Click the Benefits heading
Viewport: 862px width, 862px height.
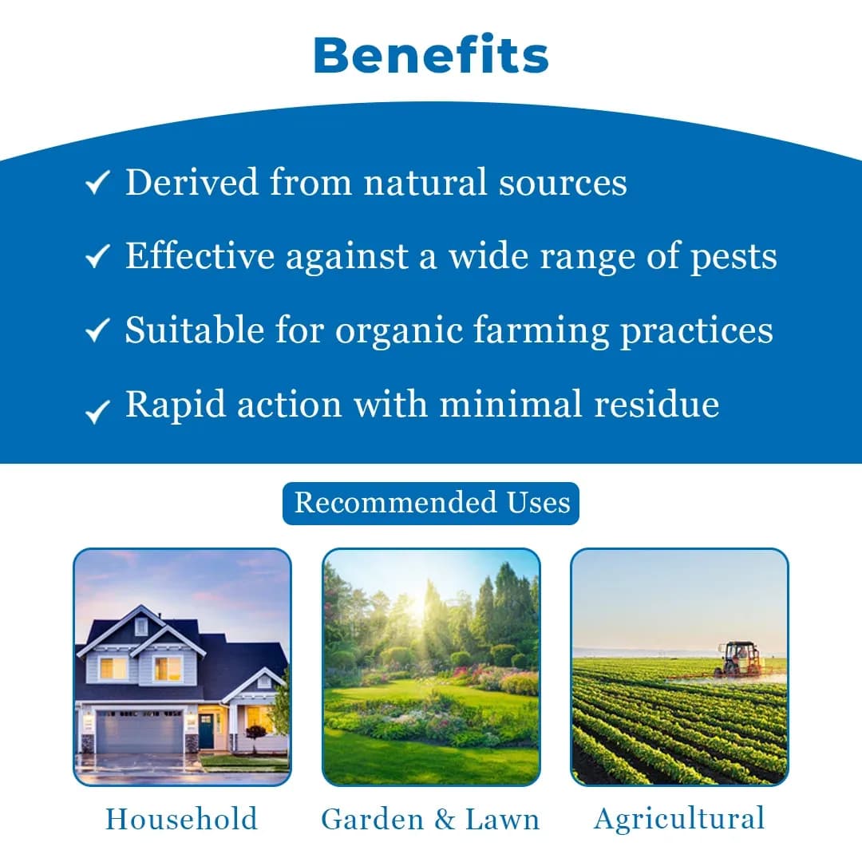coord(431,56)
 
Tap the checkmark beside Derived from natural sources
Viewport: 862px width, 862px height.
coord(97,184)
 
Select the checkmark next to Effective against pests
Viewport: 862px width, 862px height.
coord(97,257)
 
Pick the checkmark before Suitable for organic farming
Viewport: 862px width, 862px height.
coord(97,330)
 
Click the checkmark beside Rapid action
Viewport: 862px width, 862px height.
coord(97,411)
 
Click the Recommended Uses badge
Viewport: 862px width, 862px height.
coord(431,503)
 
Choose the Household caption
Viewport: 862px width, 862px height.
coord(182,819)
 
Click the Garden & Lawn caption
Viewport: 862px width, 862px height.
coord(431,819)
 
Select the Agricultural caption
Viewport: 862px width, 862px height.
coord(679,819)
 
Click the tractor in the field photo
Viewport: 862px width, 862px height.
coord(739,659)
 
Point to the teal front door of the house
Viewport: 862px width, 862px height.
coord(207,730)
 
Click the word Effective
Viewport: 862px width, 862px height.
coord(200,257)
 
